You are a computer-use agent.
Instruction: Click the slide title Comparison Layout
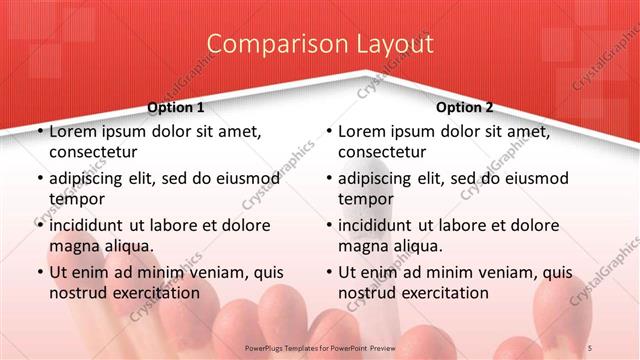click(x=320, y=44)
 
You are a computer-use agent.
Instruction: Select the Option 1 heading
click(x=176, y=107)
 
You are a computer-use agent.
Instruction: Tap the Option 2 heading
click(x=465, y=107)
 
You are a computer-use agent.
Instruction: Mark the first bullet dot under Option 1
click(x=37, y=132)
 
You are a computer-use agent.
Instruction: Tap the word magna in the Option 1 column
click(x=73, y=245)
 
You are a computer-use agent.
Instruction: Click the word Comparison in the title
click(x=267, y=44)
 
